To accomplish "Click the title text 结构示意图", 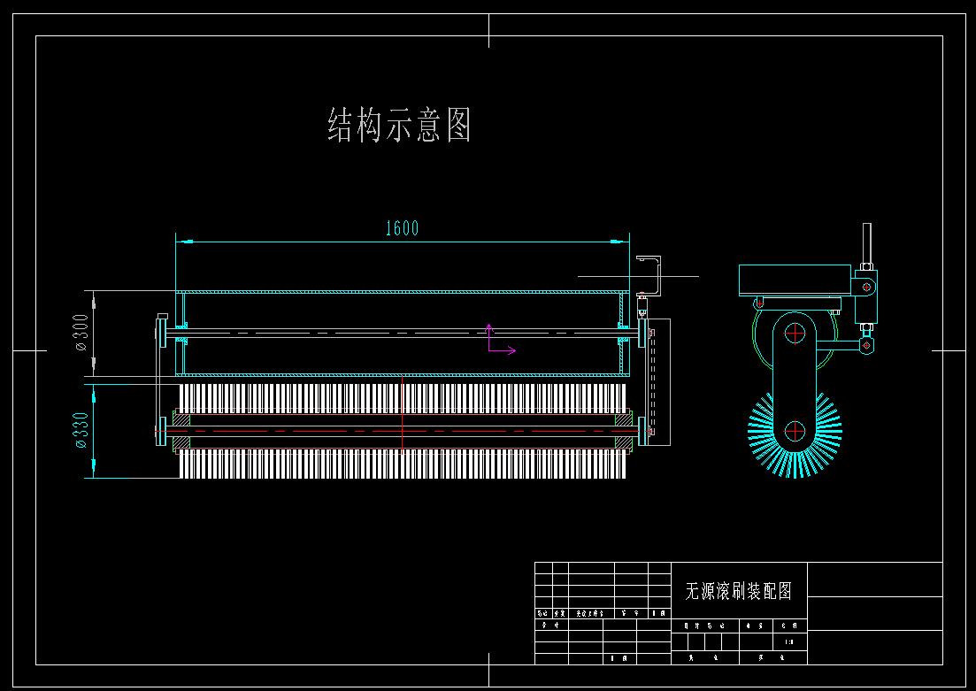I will click(399, 125).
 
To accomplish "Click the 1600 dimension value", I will click(402, 228).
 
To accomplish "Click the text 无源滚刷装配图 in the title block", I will click(738, 591).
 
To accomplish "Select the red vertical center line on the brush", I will click(402, 416).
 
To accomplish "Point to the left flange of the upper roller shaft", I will click(162, 334).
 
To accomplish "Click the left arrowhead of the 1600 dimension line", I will click(181, 240).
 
